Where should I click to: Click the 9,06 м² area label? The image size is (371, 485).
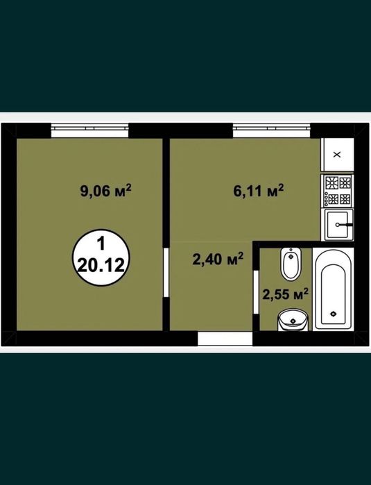click(105, 191)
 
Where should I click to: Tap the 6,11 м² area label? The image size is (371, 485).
click(259, 191)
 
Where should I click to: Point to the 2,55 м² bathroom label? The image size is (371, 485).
click(286, 294)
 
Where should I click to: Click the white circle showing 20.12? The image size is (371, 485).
click(101, 257)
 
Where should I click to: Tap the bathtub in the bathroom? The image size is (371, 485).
click(333, 289)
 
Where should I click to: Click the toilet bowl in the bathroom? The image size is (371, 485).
click(291, 263)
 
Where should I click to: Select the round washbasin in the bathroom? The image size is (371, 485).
click(293, 320)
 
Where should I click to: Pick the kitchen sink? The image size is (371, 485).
click(337, 225)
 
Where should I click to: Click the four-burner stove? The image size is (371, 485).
click(337, 191)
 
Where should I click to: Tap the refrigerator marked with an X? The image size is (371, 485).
click(337, 154)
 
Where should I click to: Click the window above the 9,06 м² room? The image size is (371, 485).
click(89, 130)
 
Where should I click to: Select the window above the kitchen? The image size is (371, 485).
click(271, 130)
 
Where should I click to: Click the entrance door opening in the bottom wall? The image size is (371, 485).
click(225, 339)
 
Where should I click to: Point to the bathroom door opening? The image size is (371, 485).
click(256, 292)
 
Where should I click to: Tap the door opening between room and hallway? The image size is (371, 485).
click(166, 272)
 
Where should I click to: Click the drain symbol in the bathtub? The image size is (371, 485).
click(333, 314)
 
